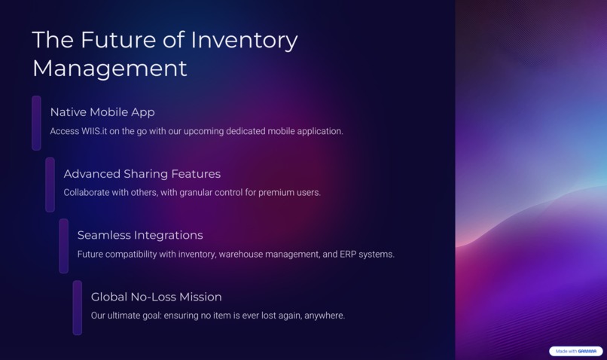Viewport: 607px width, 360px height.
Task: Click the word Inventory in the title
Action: click(x=244, y=40)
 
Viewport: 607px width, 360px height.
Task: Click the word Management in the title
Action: click(x=109, y=69)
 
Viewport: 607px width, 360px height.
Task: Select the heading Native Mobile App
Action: click(x=102, y=112)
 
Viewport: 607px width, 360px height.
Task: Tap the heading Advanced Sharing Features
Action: click(x=142, y=174)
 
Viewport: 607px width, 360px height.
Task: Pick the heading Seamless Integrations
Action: click(x=140, y=235)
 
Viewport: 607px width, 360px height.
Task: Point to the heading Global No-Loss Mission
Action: click(x=156, y=297)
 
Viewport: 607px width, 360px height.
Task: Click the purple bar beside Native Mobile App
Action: click(x=36, y=123)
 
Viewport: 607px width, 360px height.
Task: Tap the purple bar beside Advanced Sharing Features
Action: click(x=50, y=185)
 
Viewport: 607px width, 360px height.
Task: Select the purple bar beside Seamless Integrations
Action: click(x=64, y=246)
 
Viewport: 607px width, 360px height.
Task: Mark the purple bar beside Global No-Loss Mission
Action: click(x=78, y=307)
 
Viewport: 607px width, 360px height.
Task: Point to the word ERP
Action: click(x=349, y=255)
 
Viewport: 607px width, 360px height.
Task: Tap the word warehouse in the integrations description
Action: click(x=242, y=255)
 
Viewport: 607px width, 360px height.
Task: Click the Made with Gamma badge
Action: click(x=576, y=351)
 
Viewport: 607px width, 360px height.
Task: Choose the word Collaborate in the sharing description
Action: click(x=89, y=193)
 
